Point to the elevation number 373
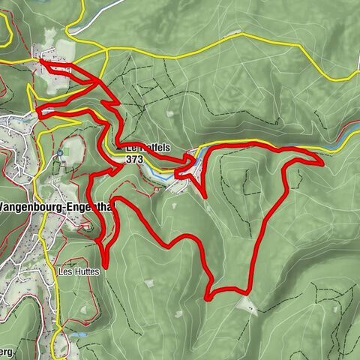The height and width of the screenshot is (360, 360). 135,160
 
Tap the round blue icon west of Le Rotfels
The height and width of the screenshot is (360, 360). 59,153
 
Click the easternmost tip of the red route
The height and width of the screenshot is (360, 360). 322,160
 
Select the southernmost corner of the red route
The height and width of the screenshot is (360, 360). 208,298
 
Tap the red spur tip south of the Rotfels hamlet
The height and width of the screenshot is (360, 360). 205,197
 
